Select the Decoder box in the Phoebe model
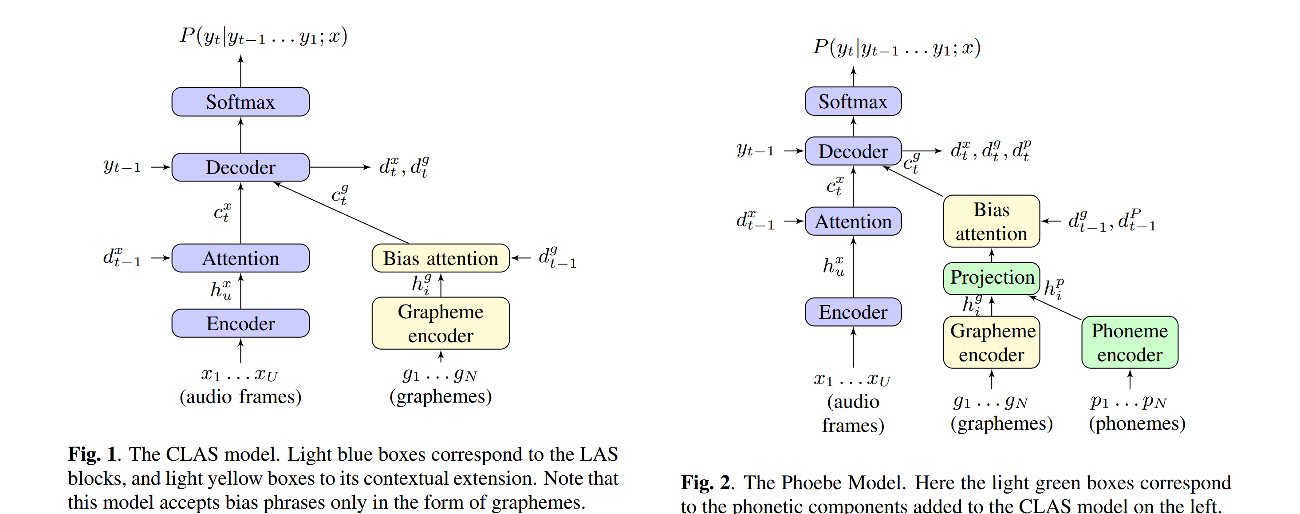click(x=853, y=151)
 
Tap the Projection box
click(x=992, y=278)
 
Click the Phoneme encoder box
click(x=1130, y=342)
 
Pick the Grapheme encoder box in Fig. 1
click(x=441, y=323)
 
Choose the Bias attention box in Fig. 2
click(x=991, y=221)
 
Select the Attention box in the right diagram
click(x=853, y=221)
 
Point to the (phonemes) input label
click(x=1136, y=423)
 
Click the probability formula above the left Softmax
click(x=264, y=36)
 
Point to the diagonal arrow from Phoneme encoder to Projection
click(x=1055, y=308)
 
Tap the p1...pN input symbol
click(x=1128, y=401)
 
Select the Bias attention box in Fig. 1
click(x=441, y=258)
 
